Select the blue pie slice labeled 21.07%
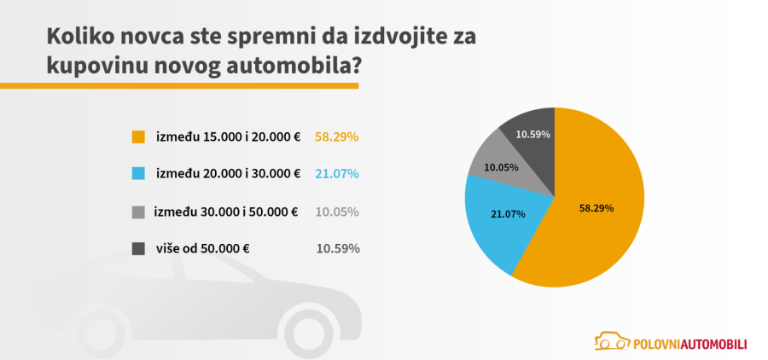point(500,224)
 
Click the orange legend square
point(138,136)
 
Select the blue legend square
point(138,174)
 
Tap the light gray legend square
point(138,212)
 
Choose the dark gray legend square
point(138,249)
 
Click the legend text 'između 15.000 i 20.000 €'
point(228,136)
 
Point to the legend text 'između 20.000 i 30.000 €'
point(228,174)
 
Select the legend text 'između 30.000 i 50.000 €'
point(226,212)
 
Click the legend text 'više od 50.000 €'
point(201,249)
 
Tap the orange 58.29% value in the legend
point(337,136)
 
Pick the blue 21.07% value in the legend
point(337,174)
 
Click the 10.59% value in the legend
point(337,249)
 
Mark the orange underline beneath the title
point(179,85)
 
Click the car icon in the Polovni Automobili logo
point(610,341)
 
